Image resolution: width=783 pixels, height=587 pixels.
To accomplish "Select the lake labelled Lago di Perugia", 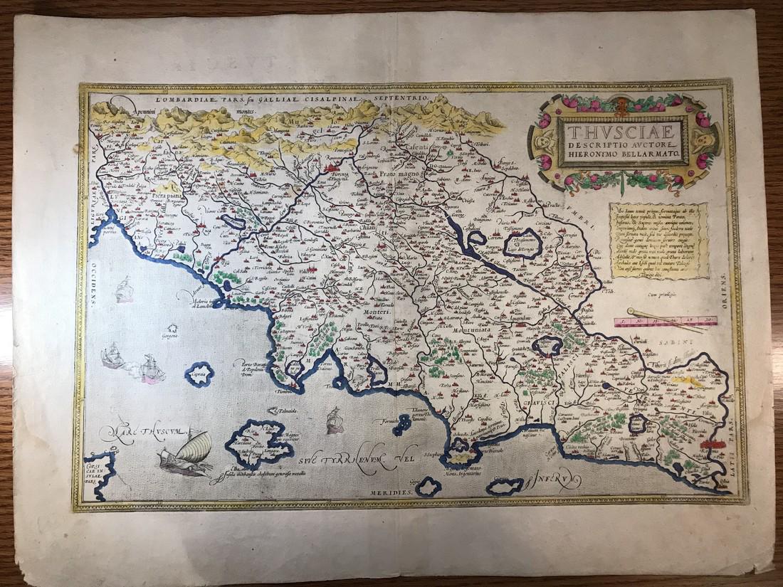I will [523, 245].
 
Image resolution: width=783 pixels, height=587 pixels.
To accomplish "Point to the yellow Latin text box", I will [659, 240].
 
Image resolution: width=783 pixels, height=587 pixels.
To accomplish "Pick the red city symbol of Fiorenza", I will [335, 169].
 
